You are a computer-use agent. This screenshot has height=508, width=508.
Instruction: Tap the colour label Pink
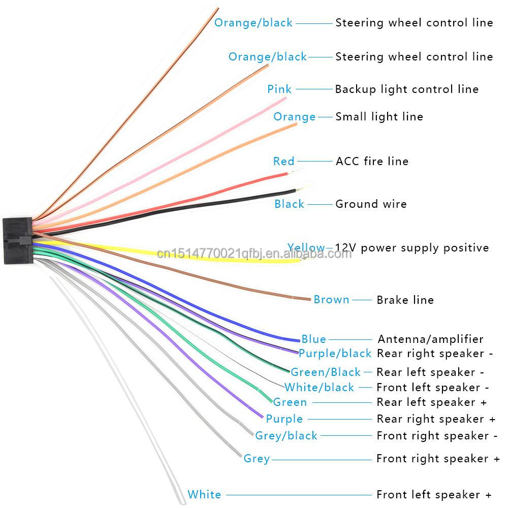[279, 89]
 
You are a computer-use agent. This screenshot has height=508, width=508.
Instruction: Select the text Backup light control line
[406, 89]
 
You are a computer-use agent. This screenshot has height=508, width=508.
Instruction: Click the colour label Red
[283, 162]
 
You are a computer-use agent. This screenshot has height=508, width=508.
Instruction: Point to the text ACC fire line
[372, 162]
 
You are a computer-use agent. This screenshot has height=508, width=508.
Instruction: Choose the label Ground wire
[371, 204]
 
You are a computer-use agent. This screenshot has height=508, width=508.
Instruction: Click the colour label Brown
[331, 300]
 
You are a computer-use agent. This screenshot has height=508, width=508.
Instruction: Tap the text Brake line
[405, 300]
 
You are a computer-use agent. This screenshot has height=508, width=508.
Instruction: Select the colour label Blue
[313, 339]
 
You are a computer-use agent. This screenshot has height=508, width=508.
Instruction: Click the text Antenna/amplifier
[430, 339]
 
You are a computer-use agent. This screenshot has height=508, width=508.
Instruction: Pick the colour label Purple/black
[335, 354]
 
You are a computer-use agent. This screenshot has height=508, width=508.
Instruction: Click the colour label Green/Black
[325, 372]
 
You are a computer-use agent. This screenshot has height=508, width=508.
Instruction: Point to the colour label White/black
[319, 388]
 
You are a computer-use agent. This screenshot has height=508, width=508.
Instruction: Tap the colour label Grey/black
[286, 436]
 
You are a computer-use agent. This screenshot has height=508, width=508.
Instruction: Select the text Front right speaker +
[438, 459]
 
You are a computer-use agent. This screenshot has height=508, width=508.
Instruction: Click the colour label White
[204, 494]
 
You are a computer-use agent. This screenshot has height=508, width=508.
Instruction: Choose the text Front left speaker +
[434, 494]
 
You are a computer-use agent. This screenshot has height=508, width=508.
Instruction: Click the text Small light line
[379, 117]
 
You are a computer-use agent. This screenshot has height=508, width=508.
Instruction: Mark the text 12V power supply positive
[411, 248]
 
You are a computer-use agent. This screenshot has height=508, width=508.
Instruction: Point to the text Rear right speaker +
[436, 419]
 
